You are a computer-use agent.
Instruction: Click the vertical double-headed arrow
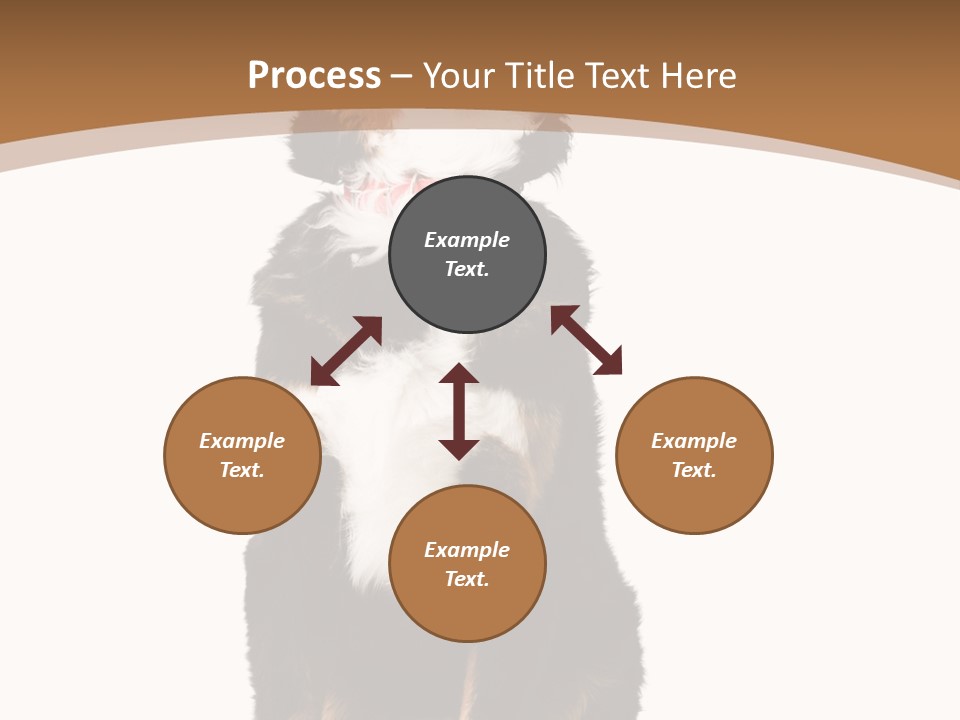pyautogui.click(x=459, y=412)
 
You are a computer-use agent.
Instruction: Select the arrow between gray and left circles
pyautogui.click(x=346, y=351)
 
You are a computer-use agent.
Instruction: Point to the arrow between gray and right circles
pyautogui.click(x=586, y=341)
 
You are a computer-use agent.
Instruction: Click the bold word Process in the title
pyautogui.click(x=314, y=75)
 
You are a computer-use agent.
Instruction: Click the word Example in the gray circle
pyautogui.click(x=467, y=240)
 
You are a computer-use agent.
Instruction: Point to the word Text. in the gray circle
pyautogui.click(x=467, y=269)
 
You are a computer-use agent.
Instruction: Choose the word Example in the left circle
pyautogui.click(x=242, y=441)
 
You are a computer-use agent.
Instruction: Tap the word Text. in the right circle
pyautogui.click(x=694, y=470)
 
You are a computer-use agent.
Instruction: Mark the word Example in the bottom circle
pyautogui.click(x=467, y=550)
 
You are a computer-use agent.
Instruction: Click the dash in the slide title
pyautogui.click(x=402, y=76)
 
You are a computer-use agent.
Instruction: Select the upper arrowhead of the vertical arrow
pyautogui.click(x=459, y=373)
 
